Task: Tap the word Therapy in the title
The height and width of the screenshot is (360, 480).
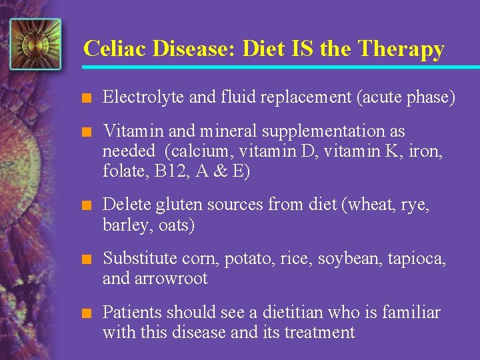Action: coord(401,49)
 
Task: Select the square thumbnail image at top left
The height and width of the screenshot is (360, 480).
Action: coord(35,44)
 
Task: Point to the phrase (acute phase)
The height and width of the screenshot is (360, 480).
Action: coord(406,97)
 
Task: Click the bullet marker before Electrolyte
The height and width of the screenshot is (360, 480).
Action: coord(85,98)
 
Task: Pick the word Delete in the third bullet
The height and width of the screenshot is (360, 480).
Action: coord(124,205)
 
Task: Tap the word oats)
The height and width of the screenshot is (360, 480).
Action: coord(177,225)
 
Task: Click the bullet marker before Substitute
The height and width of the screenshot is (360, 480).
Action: coord(85,259)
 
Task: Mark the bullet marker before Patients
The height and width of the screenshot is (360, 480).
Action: coord(85,313)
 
